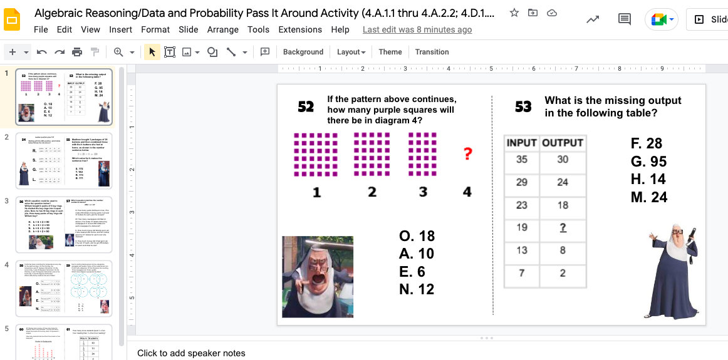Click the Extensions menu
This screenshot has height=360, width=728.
coord(300,29)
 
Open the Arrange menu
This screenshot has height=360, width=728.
coord(222,29)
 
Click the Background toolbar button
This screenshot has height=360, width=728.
coord(303,52)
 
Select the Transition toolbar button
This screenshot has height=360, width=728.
coord(432,52)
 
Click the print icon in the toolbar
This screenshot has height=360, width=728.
coord(77,52)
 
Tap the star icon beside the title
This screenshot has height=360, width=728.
coord(514,13)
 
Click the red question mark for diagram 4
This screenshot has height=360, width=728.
coord(467,153)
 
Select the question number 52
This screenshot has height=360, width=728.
coord(306,107)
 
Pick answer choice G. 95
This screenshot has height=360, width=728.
coord(648,162)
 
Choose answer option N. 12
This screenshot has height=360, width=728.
coord(417,289)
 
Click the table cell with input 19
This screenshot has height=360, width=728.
coord(522,228)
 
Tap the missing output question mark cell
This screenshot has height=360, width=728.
coord(563,228)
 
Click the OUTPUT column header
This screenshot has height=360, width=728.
coord(563,143)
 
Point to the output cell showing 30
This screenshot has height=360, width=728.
coord(563,160)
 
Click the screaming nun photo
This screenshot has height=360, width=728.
coord(318,276)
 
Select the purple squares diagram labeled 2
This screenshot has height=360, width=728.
coord(372,154)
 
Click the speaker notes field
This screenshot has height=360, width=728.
coord(191,353)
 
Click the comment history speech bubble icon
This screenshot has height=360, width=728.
coord(624,19)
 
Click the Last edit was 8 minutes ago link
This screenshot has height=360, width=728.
coord(417,29)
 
